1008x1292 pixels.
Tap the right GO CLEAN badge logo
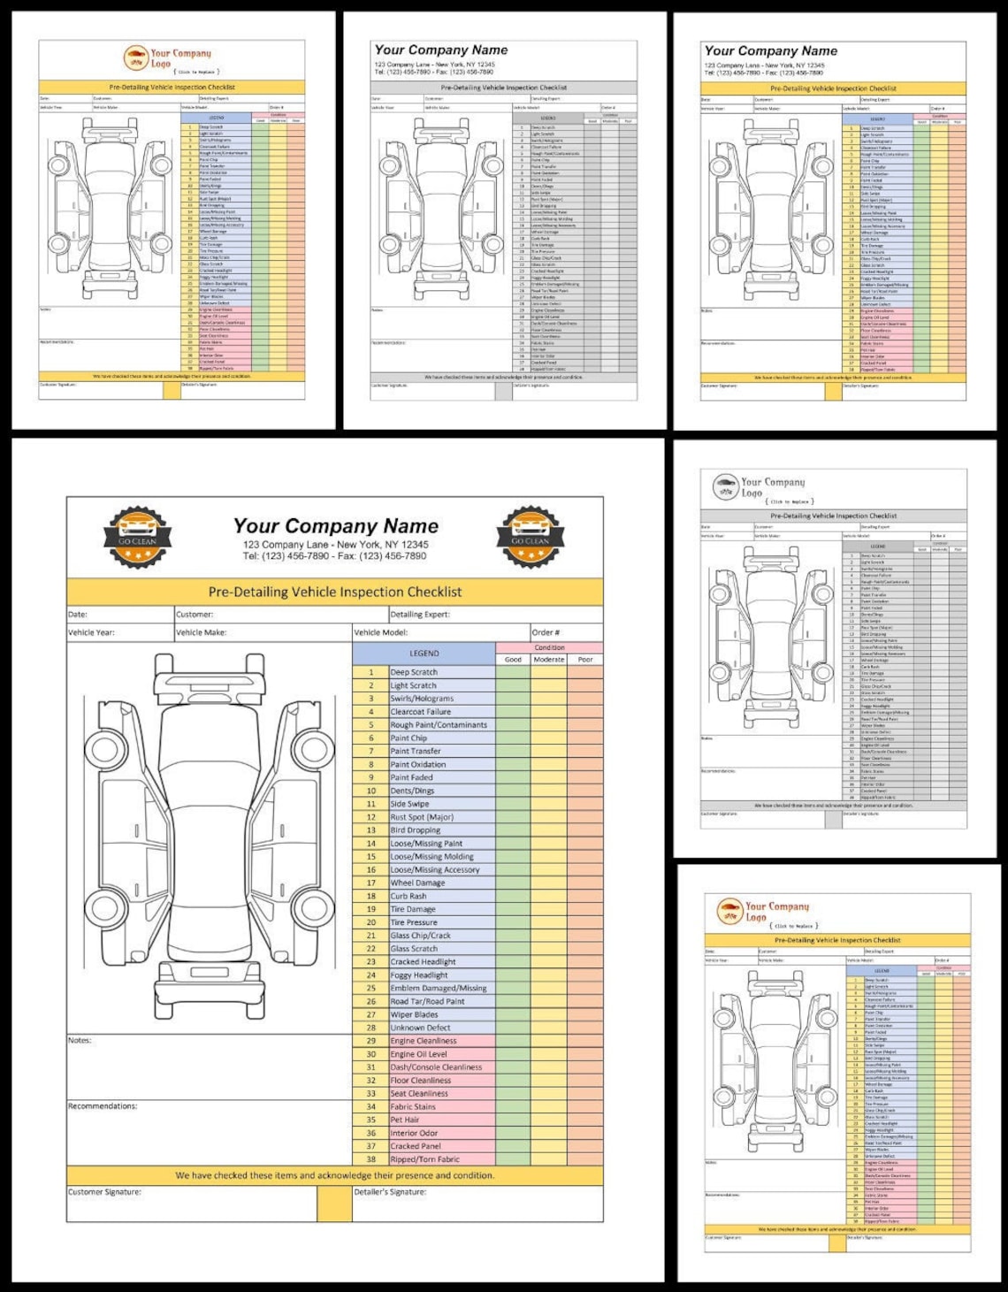pos(531,536)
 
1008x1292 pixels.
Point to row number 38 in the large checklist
pos(370,1159)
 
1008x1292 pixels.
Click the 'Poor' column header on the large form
pos(584,659)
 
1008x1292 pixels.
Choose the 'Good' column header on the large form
pos(513,659)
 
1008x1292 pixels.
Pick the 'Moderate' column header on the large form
pos(548,659)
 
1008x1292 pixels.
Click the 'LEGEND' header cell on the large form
pos(424,654)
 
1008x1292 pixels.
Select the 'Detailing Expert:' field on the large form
pos(420,614)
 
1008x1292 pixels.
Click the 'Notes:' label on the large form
pos(80,1040)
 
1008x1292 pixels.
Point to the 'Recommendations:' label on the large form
pos(103,1106)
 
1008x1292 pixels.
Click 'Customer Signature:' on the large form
pos(105,1192)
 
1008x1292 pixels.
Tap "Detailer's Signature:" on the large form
pos(390,1192)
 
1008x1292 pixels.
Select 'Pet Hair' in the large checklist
pos(405,1120)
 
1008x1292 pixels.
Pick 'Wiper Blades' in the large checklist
pos(414,1014)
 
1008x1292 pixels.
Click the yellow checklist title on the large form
pos(334,592)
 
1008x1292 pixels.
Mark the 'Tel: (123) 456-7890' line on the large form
pos(334,556)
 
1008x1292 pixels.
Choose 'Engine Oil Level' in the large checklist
pos(418,1054)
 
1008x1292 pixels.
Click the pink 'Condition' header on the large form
pos(549,647)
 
